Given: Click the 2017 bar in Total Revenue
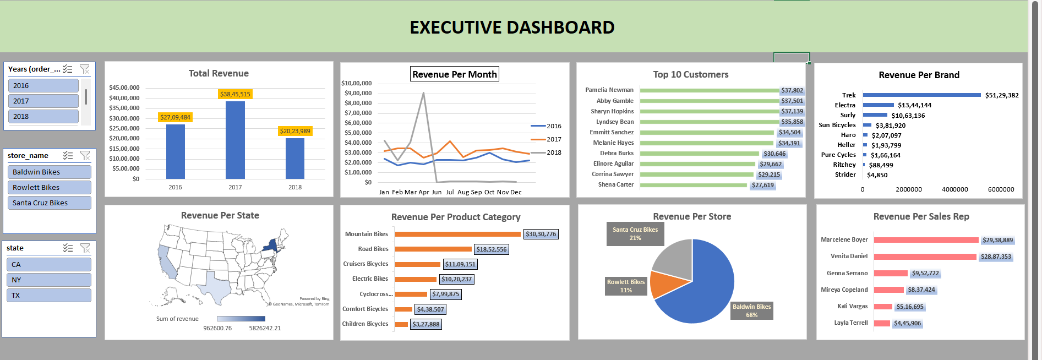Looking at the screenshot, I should coord(235,140).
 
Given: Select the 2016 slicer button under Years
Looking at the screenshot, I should coord(43,85).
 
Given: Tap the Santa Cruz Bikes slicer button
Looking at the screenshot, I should coord(49,203).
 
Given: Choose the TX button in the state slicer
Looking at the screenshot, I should coord(49,295).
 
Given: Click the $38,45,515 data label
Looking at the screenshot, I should coord(235,94).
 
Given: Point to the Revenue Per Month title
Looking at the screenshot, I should coord(454,74).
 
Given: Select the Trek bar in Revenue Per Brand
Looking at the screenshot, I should coord(921,95).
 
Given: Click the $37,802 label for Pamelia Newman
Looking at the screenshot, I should coord(792,90).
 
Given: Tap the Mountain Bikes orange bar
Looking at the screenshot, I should coord(457,234).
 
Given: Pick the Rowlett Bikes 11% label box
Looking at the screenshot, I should coord(626,286).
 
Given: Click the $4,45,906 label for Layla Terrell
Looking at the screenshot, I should coord(907,323).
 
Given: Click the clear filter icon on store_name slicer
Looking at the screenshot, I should coord(85,156).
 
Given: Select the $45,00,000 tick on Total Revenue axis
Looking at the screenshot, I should coord(124,88).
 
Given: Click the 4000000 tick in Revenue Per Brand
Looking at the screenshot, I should coord(954,189).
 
